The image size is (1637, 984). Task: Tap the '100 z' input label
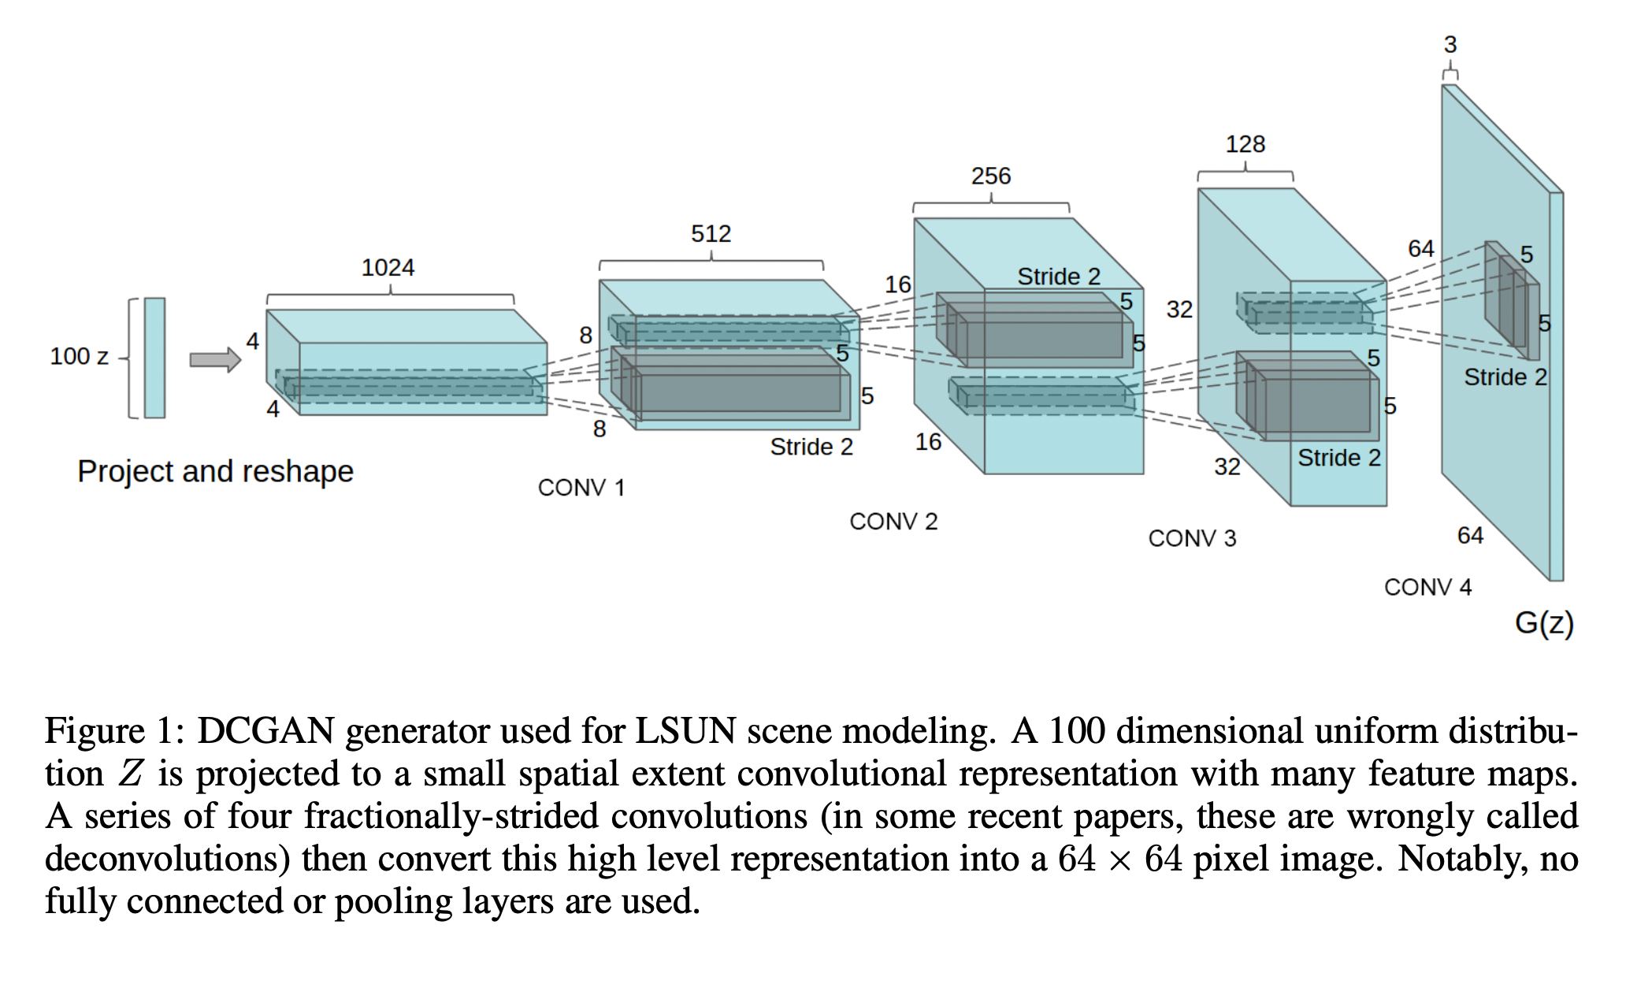(79, 356)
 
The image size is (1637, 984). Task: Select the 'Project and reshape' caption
(215, 471)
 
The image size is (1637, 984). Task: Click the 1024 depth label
(388, 268)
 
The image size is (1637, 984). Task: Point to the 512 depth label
(711, 234)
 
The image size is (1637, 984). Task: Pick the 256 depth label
(990, 176)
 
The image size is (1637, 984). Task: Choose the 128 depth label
(1245, 144)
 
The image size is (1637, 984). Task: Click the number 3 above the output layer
(1450, 45)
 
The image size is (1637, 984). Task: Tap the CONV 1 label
(581, 488)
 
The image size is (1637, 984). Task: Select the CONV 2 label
(893, 522)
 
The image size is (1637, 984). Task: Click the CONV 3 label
(1192, 539)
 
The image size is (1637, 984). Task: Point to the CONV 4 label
(1427, 587)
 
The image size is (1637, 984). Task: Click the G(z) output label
(1543, 623)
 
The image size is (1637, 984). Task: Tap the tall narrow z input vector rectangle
(154, 358)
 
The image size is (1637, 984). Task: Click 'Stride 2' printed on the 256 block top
(1058, 277)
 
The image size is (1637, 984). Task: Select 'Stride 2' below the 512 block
(811, 447)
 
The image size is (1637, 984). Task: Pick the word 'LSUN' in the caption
(685, 731)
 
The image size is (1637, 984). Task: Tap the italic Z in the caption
(131, 774)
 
